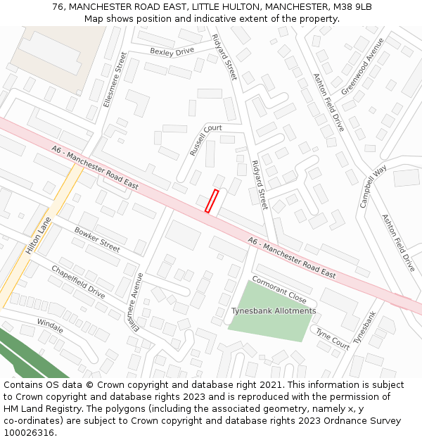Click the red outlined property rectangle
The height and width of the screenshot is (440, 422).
[x=212, y=201]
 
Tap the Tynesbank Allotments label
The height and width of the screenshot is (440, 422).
[x=274, y=310]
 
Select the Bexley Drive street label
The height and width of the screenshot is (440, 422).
[x=172, y=51]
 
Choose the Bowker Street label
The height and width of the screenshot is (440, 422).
[x=97, y=239]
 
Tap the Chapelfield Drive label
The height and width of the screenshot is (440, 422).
[x=77, y=282]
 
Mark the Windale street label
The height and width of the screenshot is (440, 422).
[x=50, y=326]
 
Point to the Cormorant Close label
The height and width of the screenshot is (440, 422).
[x=279, y=288]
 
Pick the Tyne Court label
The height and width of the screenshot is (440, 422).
[x=332, y=339]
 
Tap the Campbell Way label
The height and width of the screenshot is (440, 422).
[x=373, y=187]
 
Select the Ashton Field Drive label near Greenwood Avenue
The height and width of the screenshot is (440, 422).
[x=329, y=102]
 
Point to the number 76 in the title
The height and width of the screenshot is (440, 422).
[x=58, y=7]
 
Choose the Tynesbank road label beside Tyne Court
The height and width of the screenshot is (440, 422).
[x=365, y=327]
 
